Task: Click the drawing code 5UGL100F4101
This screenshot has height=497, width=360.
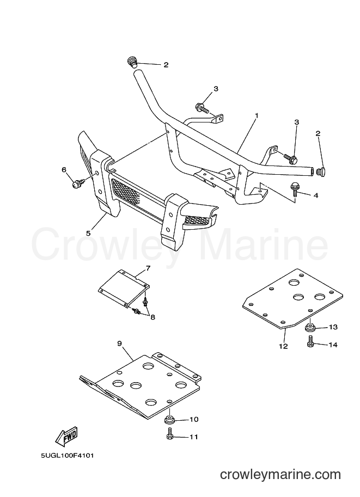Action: [68, 456]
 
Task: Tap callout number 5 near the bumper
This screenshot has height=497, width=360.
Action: [88, 233]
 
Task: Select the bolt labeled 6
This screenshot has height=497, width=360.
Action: [78, 183]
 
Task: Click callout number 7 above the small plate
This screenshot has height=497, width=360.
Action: [148, 269]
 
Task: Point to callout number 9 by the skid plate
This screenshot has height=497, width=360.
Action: [119, 343]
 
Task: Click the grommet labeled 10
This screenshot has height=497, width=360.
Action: [170, 421]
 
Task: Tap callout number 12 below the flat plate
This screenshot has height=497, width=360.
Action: [283, 346]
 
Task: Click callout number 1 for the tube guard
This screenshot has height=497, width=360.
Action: [257, 116]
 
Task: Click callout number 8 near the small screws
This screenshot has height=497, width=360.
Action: [153, 317]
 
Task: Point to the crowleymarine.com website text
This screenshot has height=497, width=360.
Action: [280, 475]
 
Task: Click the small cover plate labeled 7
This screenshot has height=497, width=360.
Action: [124, 289]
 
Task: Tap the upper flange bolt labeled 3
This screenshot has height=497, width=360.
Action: [203, 108]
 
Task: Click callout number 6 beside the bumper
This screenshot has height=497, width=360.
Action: [64, 170]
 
